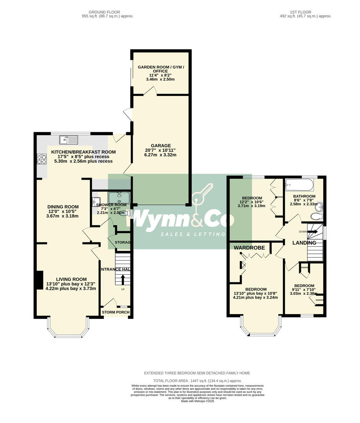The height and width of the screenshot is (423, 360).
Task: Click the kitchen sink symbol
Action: [69, 139]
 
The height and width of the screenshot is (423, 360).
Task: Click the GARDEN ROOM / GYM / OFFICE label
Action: [160, 69]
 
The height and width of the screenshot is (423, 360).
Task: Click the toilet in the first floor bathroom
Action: [315, 216]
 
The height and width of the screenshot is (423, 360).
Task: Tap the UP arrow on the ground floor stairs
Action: [123, 280]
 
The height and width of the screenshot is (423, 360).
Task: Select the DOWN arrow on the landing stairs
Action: [313, 231]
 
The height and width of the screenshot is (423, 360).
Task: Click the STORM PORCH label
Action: [115, 312]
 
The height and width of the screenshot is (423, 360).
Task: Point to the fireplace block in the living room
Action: [39, 280]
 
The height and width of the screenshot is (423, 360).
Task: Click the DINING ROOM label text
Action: [63, 207]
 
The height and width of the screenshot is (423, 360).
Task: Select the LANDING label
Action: [304, 243]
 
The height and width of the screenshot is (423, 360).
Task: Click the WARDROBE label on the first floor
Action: [249, 248]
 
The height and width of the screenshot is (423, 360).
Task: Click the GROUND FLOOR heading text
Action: [104, 12]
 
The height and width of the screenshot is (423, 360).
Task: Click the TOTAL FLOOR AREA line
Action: [197, 381]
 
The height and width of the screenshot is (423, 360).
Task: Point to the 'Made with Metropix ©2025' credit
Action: [197, 401]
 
